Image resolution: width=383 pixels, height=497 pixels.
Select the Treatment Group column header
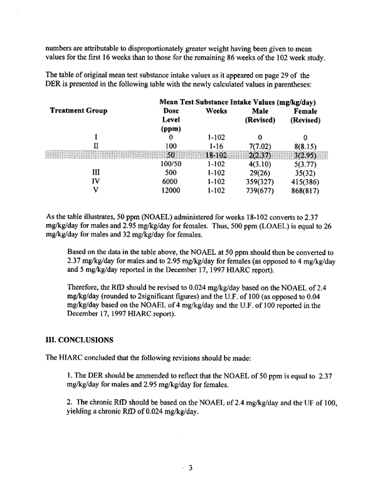click(x=78, y=111)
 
